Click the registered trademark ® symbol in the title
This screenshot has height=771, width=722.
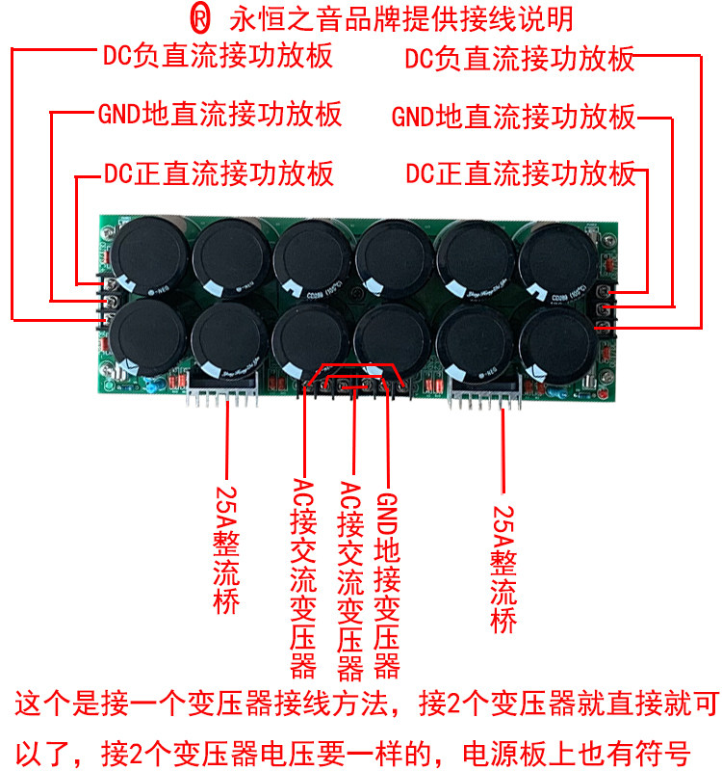pyautogui.click(x=197, y=18)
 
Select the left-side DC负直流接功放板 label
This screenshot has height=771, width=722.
pyautogui.click(x=218, y=55)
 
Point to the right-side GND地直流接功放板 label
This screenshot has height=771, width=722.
pyautogui.click(x=514, y=118)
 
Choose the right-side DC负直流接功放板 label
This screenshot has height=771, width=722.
pyautogui.click(x=520, y=59)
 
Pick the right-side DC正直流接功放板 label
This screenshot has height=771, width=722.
pyautogui.click(x=521, y=174)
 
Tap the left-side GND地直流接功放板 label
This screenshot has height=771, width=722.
pyautogui.click(x=219, y=115)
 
